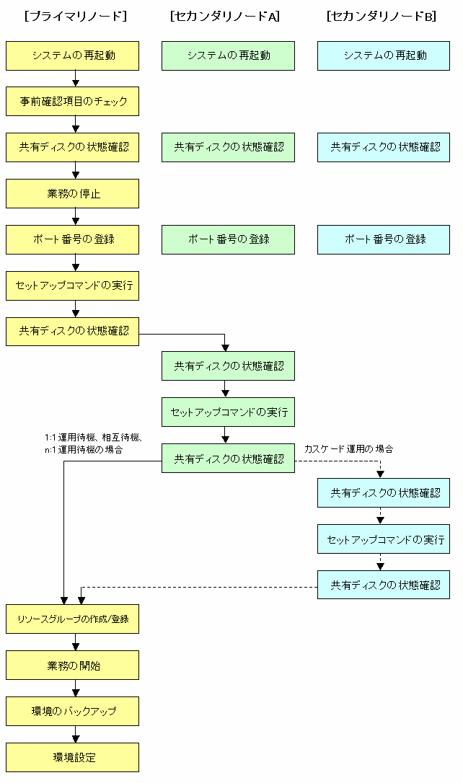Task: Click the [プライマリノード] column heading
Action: click(76, 16)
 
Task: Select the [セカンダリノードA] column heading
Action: click(225, 16)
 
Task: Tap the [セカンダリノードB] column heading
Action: click(381, 16)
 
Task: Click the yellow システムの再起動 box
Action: click(72, 56)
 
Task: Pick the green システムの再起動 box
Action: click(228, 56)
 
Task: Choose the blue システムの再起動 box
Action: click(384, 56)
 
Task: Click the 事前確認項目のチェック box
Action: click(72, 102)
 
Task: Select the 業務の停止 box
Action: click(72, 194)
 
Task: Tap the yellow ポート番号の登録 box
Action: click(72, 239)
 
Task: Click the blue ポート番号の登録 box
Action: click(384, 239)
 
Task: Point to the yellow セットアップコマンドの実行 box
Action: click(72, 286)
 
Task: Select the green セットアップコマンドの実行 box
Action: click(228, 412)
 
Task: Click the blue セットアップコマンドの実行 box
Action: click(384, 539)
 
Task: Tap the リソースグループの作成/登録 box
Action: click(72, 619)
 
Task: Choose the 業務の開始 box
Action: click(72, 665)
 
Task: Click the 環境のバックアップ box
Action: click(72, 711)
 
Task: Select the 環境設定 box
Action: click(72, 758)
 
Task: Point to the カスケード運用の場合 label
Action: click(348, 448)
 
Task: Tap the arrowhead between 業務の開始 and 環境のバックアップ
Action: click(76, 693)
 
